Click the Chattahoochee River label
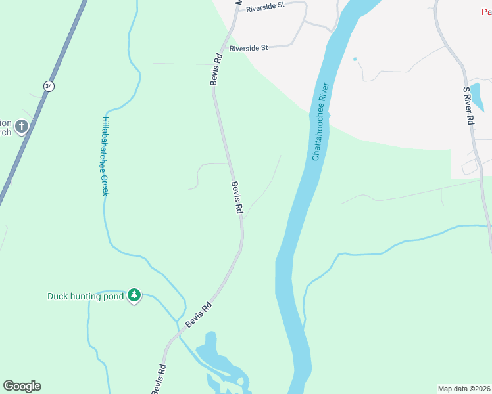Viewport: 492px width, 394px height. coord(320,121)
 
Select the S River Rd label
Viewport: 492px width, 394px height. coord(469,106)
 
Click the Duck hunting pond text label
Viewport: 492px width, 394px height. coord(86,296)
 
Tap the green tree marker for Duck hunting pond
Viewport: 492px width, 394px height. coord(134,295)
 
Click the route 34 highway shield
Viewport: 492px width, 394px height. coord(48,85)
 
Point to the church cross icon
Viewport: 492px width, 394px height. coord(22,125)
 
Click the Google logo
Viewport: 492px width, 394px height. coord(22,386)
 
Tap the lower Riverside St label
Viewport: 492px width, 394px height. coord(249,48)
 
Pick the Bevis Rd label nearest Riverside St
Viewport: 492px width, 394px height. coord(216,68)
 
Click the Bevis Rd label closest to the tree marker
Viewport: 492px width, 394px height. coord(198,316)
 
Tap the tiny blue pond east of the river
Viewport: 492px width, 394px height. coord(355,59)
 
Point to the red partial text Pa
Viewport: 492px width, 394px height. coord(485,11)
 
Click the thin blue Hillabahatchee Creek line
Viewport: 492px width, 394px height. coord(105,217)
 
